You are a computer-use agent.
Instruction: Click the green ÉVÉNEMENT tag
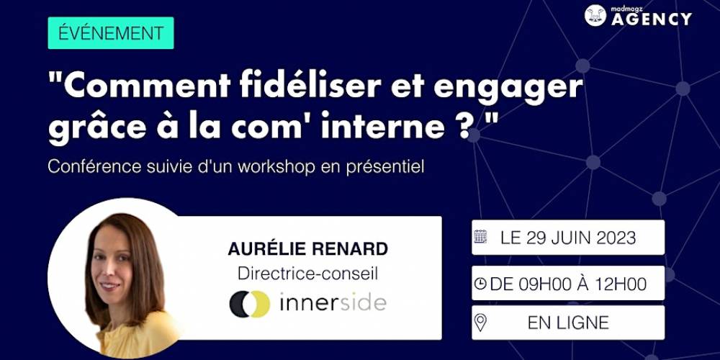[x=111, y=33]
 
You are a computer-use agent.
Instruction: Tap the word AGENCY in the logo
[x=651, y=19]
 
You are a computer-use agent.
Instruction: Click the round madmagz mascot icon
[x=595, y=15]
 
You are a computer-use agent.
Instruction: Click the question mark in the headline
[x=468, y=126]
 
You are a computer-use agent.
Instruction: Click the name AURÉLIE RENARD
[x=307, y=249]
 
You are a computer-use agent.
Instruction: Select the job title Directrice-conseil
[x=307, y=274]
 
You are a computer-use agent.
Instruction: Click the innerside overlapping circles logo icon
[x=250, y=304]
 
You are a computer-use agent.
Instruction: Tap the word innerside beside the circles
[x=333, y=303]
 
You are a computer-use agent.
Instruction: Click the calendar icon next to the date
[x=480, y=237]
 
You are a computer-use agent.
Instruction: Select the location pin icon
[x=480, y=323]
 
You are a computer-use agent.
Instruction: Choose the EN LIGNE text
[x=568, y=323]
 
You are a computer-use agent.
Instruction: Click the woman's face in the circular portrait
[x=112, y=266]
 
